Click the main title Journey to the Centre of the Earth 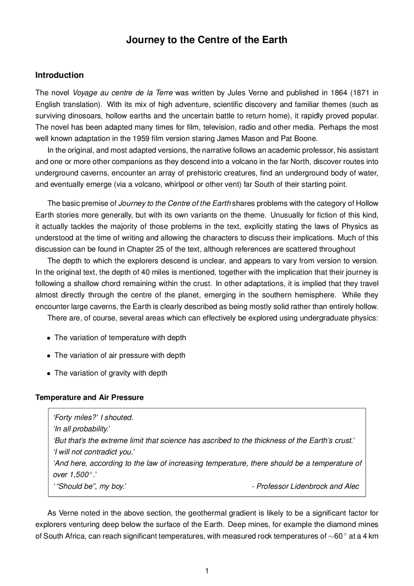206,40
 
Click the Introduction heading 60,75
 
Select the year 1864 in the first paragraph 338,93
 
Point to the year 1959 141,139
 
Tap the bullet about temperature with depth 120,337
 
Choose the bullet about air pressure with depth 120,355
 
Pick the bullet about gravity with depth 111,373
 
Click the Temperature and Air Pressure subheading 90,397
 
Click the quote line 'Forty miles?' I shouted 93,417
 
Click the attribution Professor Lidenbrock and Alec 307,486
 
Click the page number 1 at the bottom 207,571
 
